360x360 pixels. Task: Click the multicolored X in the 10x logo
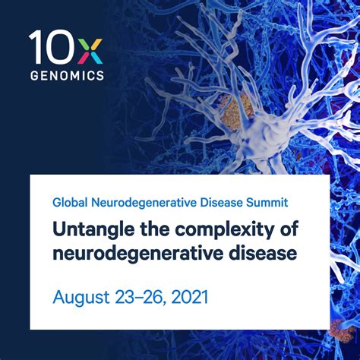89,48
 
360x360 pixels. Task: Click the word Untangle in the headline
90,229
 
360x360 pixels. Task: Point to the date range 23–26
140,296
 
